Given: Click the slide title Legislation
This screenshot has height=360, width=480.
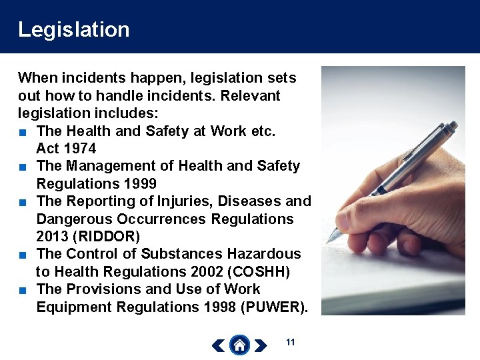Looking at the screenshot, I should [73, 29].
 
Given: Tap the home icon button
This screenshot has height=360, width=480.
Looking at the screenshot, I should [239, 345].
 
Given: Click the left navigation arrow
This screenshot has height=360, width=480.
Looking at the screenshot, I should [218, 345].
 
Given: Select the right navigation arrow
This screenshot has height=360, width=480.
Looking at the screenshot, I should [261, 345].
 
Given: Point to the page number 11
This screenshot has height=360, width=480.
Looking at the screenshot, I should [290, 342].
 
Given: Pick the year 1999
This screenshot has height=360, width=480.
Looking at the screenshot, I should [138, 183].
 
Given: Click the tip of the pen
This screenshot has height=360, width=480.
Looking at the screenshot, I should [329, 239].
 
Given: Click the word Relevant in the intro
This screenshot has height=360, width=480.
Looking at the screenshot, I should [251, 95].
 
